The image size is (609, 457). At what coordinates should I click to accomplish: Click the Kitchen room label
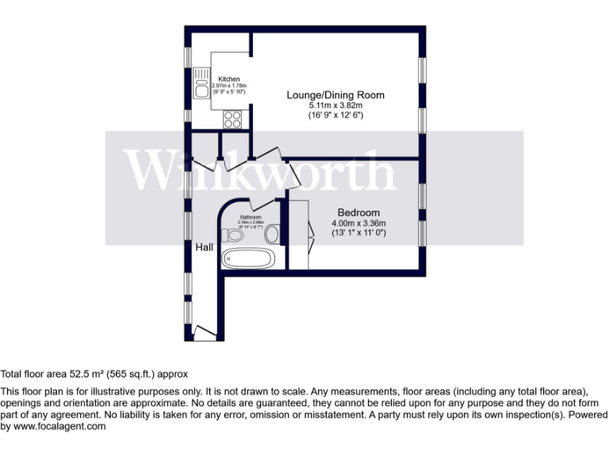(229, 79)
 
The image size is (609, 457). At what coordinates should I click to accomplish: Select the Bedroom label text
(358, 213)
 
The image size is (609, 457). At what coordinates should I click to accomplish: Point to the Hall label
(205, 248)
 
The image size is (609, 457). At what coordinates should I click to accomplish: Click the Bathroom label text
(251, 216)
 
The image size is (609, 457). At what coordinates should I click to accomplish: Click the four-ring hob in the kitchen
(233, 118)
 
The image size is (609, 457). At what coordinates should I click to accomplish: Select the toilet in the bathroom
(232, 235)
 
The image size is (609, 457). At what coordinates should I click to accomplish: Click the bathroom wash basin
(272, 233)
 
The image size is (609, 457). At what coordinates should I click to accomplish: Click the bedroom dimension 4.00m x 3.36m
(358, 223)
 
